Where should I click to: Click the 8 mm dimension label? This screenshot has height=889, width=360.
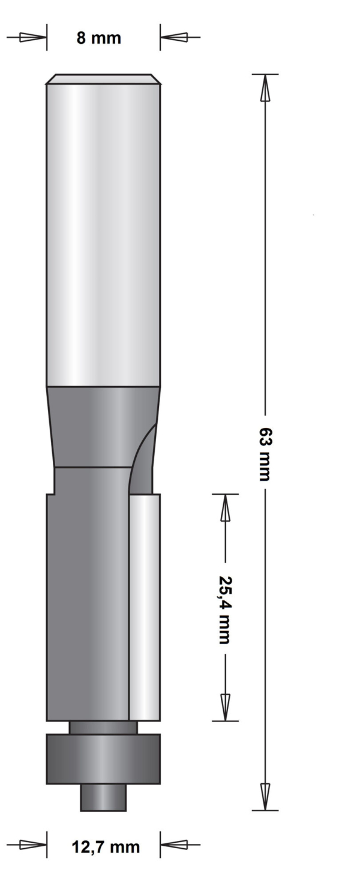pos(98,38)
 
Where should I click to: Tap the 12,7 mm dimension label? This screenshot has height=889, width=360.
pos(106,847)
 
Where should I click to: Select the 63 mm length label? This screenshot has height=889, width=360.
pos(265,454)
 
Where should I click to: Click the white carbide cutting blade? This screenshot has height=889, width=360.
pos(145,606)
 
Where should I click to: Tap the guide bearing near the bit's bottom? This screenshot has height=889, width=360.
pos(103,759)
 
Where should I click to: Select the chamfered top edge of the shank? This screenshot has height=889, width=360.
pos(103,79)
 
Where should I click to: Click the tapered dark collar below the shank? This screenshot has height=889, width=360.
pos(96,426)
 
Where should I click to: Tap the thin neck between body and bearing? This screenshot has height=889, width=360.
pos(103,727)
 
